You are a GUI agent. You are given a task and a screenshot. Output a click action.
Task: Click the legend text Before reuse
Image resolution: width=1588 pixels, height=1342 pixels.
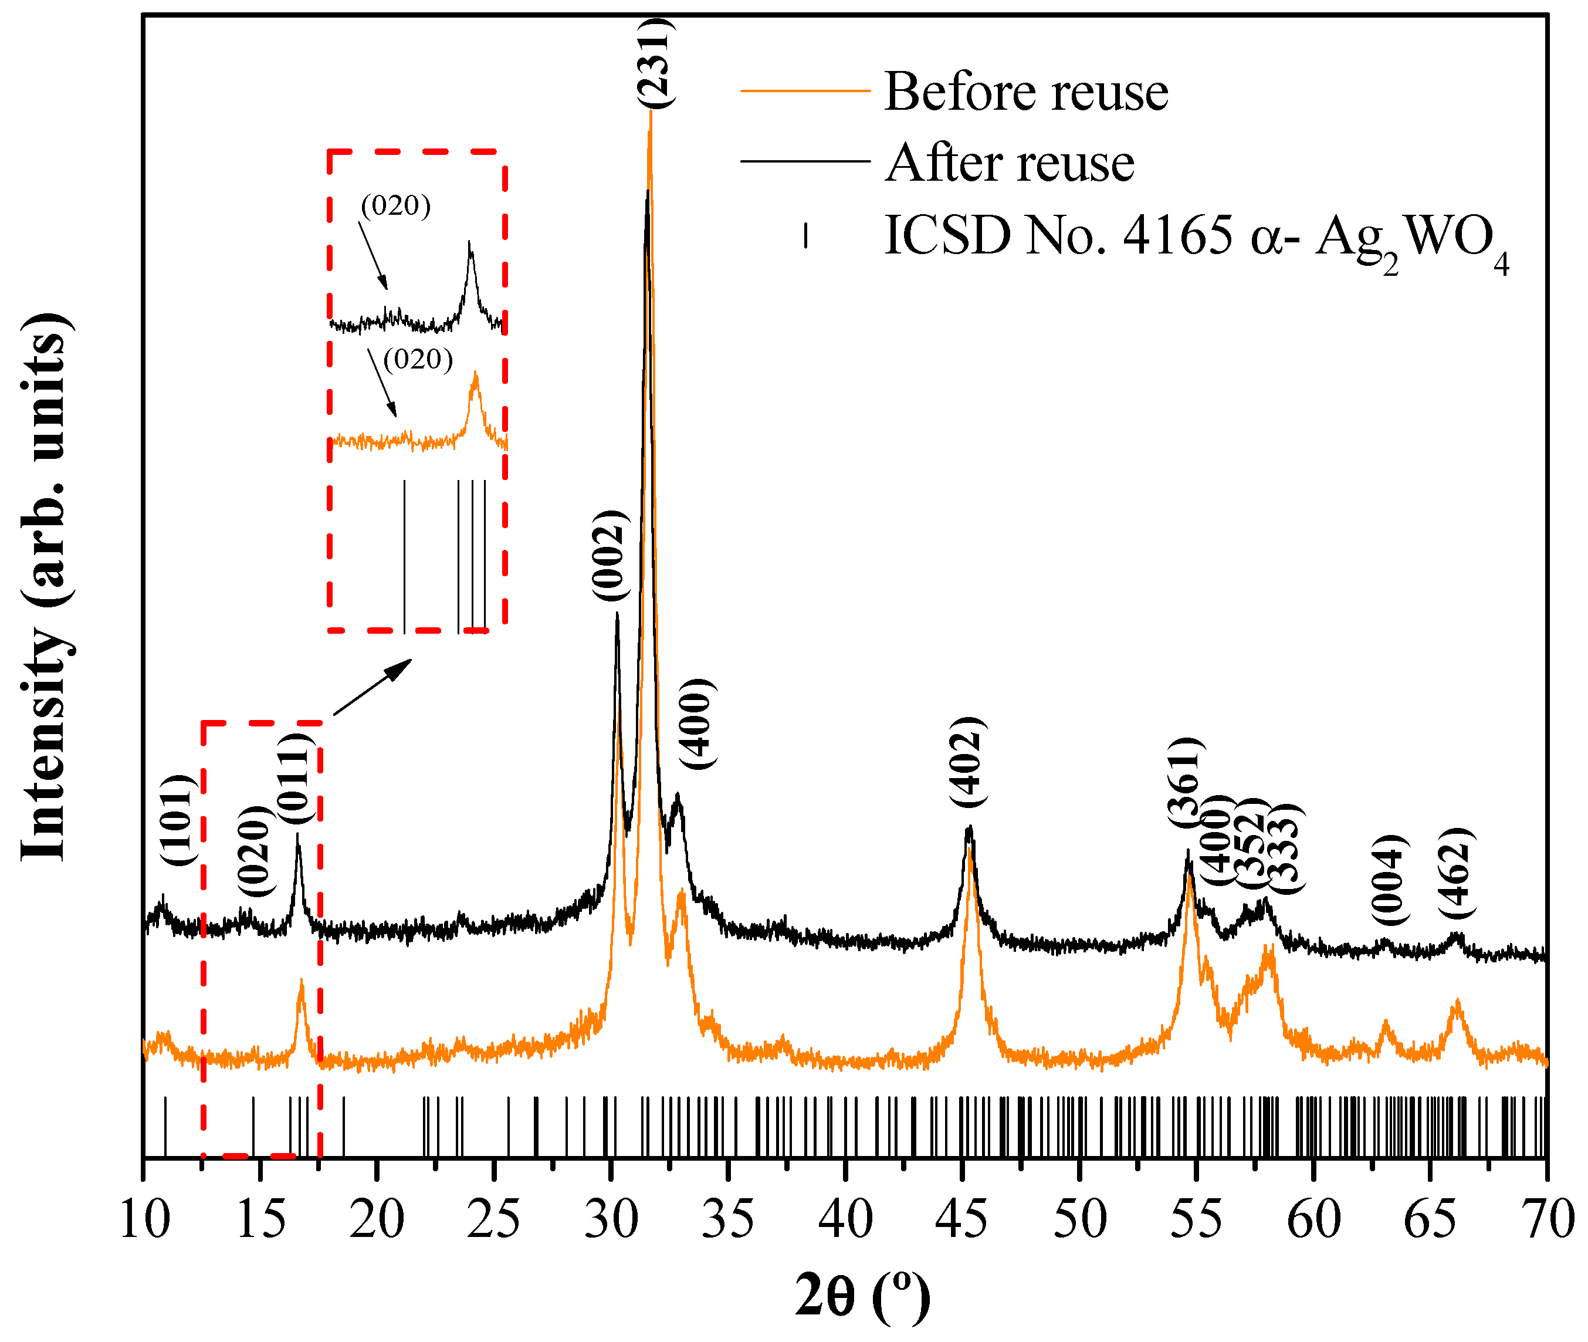(x=1025, y=92)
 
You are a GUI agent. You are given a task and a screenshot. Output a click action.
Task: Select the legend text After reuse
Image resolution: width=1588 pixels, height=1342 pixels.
(x=1009, y=163)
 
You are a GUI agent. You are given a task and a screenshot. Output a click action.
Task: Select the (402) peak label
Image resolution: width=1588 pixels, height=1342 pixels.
(x=968, y=762)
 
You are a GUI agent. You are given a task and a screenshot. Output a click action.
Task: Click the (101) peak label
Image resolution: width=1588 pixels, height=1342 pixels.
(x=180, y=820)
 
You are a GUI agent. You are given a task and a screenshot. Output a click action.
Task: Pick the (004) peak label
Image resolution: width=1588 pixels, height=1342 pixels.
(x=1390, y=880)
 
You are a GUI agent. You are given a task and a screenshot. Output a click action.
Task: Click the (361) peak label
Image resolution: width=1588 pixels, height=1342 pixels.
(x=1186, y=783)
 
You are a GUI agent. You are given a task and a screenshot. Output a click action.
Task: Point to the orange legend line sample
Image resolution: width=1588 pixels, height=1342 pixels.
(x=805, y=90)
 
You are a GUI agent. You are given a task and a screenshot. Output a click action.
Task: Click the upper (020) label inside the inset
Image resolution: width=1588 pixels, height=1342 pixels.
(x=395, y=205)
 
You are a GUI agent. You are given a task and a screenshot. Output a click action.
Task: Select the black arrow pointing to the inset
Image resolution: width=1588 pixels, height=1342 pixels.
(x=373, y=687)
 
